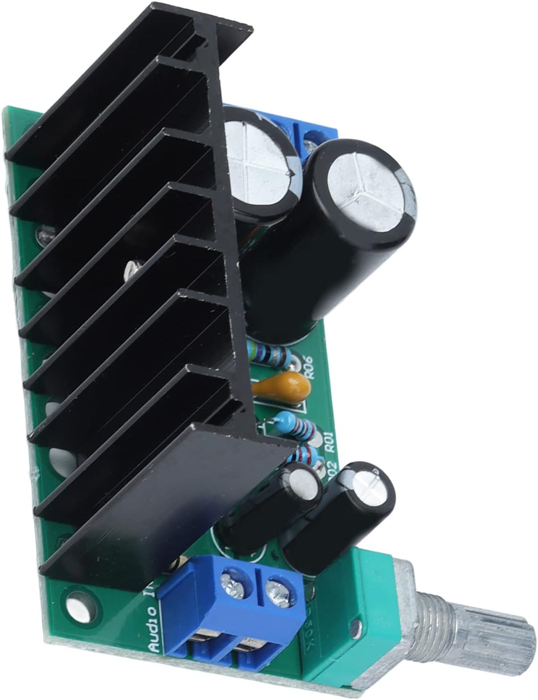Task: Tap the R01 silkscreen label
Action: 329,441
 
